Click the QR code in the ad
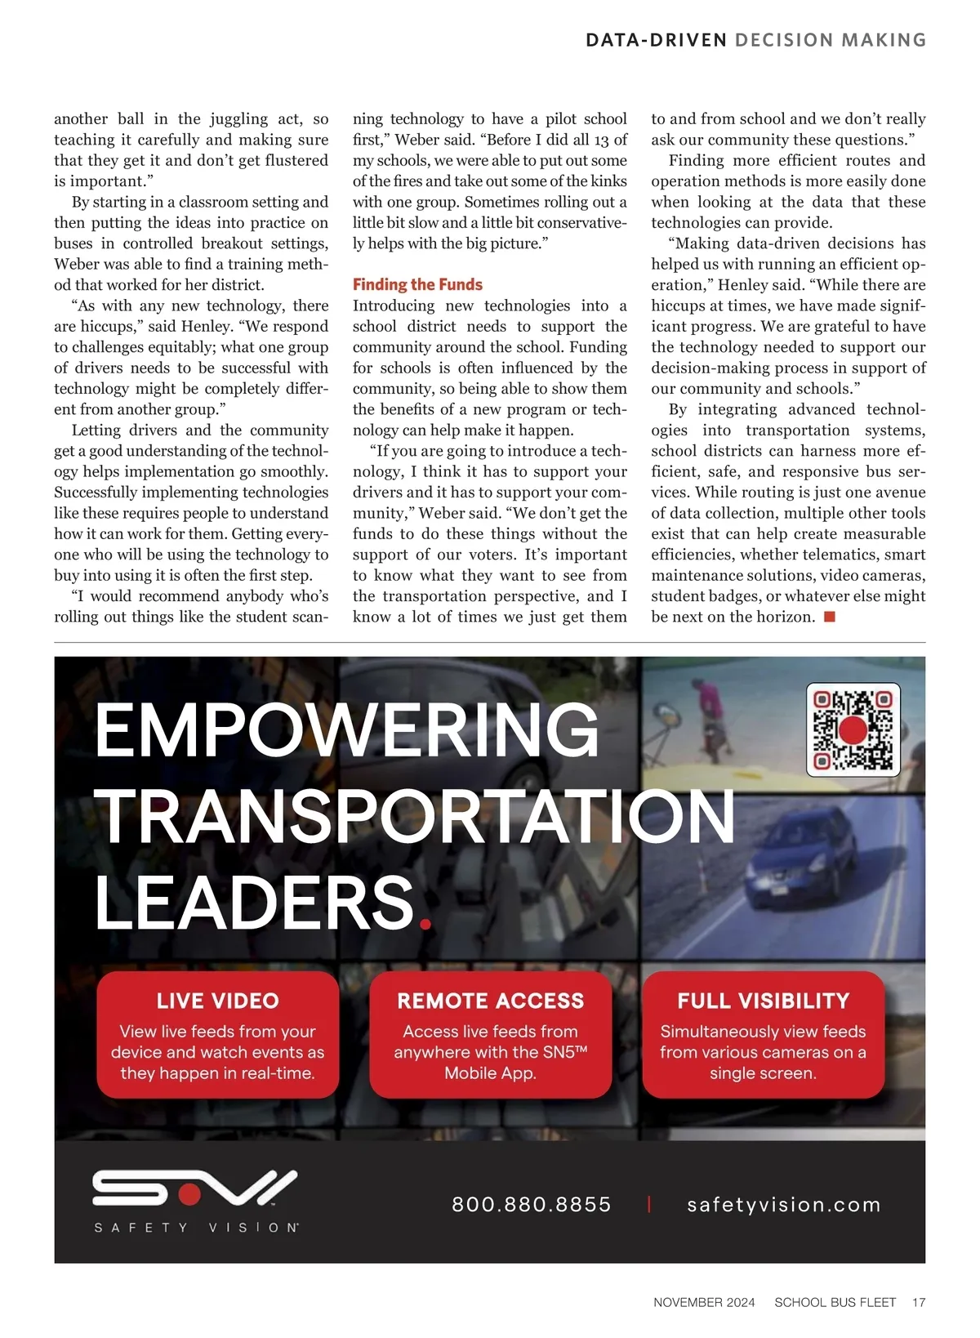853,729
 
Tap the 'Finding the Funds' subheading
417,284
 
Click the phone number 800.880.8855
532,1204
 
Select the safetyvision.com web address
784,1204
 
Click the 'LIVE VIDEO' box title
217,1001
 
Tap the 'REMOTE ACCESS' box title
490,1001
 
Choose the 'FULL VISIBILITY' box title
763,1001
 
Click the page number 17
919,1302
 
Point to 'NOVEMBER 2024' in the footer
704,1302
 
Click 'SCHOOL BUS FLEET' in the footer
835,1302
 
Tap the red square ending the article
830,617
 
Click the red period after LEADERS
424,924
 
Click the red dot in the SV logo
189,1195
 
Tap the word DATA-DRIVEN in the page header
656,40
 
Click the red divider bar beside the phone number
649,1204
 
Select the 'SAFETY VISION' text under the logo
196,1228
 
